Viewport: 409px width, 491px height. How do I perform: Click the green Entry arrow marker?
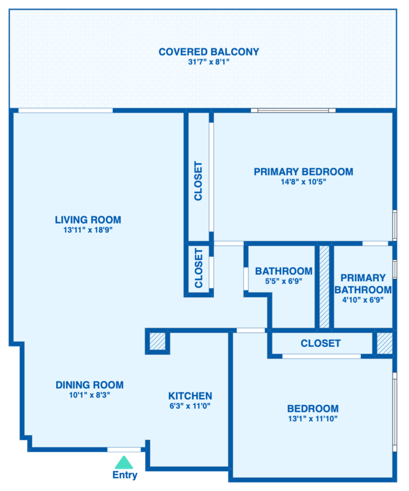coord(124,463)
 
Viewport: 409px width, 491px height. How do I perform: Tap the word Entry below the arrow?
coord(125,475)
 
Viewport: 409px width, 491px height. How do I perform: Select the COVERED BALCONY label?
coord(209,52)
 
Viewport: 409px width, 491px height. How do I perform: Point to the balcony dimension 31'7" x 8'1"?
coord(209,62)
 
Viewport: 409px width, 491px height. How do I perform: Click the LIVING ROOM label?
coord(88,220)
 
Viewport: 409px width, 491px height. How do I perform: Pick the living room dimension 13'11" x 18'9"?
coord(88,230)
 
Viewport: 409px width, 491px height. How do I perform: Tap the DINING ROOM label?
coord(90,385)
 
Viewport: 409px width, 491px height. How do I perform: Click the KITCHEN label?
coord(190,396)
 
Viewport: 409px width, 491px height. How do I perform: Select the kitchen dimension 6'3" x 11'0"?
coord(190,406)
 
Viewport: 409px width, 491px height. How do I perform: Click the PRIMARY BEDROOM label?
coord(304,172)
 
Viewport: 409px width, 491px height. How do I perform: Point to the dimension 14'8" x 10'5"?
coord(304,182)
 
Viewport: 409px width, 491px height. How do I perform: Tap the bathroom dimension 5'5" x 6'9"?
coord(284,281)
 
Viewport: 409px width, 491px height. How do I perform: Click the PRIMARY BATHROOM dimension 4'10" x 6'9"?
coord(363,300)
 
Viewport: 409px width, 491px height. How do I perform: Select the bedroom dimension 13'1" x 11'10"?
coord(313,418)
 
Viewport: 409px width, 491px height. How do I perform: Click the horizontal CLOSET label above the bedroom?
coord(321,343)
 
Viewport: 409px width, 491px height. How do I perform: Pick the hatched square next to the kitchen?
coord(158,341)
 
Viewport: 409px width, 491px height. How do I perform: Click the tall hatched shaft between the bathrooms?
coord(324,287)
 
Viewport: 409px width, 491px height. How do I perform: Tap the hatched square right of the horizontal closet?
coord(384,343)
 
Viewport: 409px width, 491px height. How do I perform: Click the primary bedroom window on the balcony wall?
coord(293,110)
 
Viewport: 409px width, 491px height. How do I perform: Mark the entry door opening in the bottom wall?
coord(124,450)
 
